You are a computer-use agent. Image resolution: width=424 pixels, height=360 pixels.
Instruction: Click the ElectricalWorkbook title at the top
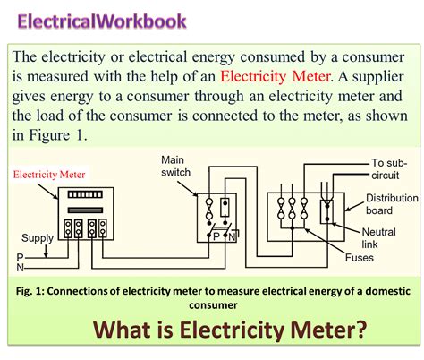102,20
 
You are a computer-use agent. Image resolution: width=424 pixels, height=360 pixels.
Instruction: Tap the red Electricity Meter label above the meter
47,175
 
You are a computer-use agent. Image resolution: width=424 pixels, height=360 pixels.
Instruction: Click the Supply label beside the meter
38,238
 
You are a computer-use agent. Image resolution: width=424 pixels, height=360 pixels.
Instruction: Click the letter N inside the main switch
228,237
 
